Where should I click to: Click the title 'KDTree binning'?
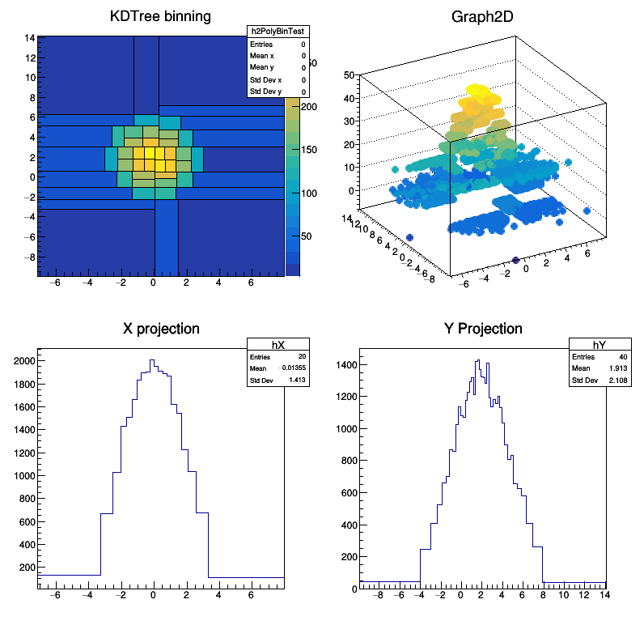tap(160, 17)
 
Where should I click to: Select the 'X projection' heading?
tap(161, 329)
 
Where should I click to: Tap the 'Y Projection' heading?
tap(484, 329)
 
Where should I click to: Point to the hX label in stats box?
tap(278, 345)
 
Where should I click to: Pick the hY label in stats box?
tap(600, 345)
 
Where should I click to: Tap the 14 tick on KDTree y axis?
tap(29, 37)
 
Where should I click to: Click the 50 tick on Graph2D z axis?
tap(350, 75)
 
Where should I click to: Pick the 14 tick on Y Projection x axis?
tap(603, 596)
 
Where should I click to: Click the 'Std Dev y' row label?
tap(265, 91)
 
